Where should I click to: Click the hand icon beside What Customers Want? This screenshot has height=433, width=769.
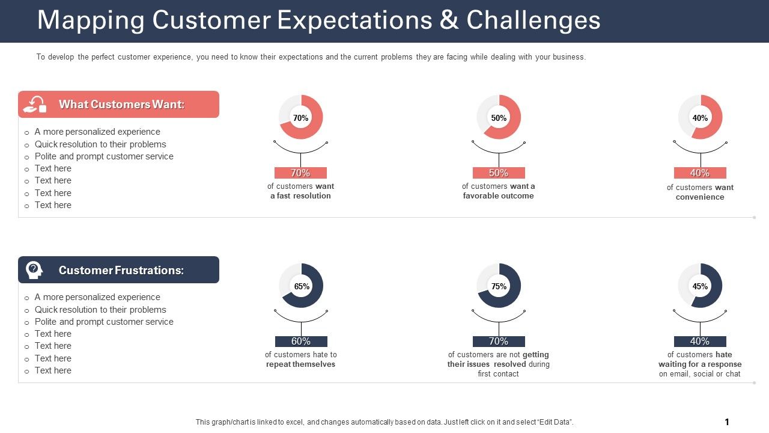[34, 105]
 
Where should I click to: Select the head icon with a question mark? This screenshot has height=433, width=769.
[34, 270]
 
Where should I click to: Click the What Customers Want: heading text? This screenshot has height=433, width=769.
[121, 105]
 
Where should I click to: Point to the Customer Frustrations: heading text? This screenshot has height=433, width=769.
[121, 270]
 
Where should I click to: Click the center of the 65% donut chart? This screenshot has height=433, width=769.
[301, 286]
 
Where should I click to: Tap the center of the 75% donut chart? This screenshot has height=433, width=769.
[499, 286]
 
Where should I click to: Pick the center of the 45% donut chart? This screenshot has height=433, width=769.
[700, 286]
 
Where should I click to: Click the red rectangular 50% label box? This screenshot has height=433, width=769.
[499, 173]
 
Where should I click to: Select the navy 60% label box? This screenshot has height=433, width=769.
[301, 342]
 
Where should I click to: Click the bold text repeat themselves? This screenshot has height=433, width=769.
[300, 364]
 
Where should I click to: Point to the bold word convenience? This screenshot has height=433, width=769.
[700, 197]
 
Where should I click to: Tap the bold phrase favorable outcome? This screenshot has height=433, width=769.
[498, 196]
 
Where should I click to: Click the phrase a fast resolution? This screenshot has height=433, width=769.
[300, 196]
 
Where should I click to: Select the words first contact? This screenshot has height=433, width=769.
[498, 374]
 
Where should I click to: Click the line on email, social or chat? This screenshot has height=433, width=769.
[700, 374]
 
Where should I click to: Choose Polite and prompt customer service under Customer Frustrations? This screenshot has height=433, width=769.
[104, 322]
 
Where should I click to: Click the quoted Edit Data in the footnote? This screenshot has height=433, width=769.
[553, 422]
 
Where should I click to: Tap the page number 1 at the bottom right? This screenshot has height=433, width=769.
[727, 422]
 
